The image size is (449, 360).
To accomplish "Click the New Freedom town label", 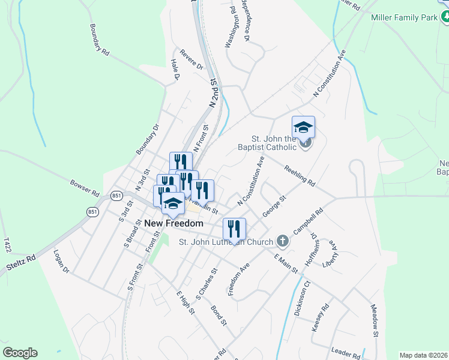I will point(174,223).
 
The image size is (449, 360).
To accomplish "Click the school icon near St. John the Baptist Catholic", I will point(303,128).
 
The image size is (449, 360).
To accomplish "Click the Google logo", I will point(20,353).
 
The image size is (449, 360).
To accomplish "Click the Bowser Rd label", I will point(84,185).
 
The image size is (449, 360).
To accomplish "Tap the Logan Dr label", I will point(62,262).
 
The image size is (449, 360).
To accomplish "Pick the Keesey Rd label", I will point(321,318).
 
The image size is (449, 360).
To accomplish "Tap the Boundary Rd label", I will point(99,40).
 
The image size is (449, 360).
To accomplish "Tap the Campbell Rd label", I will point(312,221).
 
